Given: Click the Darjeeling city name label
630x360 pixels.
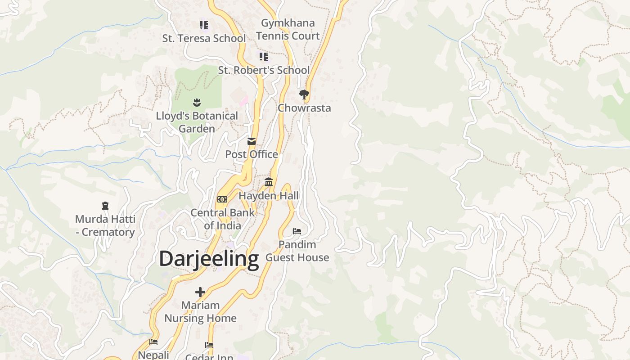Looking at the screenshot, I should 209,259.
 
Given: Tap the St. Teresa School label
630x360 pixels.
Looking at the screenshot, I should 204,38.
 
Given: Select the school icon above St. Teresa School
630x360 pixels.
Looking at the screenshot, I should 204,25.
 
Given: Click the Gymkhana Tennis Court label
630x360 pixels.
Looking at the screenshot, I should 288,29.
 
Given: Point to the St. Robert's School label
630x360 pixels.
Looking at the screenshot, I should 264,70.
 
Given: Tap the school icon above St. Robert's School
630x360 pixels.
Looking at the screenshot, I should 264,57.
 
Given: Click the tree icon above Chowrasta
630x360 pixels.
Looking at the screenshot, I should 304,94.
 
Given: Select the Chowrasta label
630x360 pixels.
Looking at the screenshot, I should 304,108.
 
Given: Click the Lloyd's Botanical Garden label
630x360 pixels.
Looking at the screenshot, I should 197,122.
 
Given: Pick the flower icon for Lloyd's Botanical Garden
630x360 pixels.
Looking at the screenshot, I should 197,103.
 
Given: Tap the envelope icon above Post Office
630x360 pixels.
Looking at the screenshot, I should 252,141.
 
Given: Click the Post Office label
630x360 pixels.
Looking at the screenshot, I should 252,154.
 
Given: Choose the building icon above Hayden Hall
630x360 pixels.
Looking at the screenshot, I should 269,182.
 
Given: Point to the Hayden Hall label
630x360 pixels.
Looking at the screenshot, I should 269,196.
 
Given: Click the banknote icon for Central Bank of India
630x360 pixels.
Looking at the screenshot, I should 222,199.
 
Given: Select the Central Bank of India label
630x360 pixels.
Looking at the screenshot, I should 222,219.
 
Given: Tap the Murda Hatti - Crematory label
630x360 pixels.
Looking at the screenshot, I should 105,225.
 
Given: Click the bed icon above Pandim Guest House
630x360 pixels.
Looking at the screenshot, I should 297,231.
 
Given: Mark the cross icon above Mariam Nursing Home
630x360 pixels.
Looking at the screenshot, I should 200,292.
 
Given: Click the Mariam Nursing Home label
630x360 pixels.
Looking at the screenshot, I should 200,311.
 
